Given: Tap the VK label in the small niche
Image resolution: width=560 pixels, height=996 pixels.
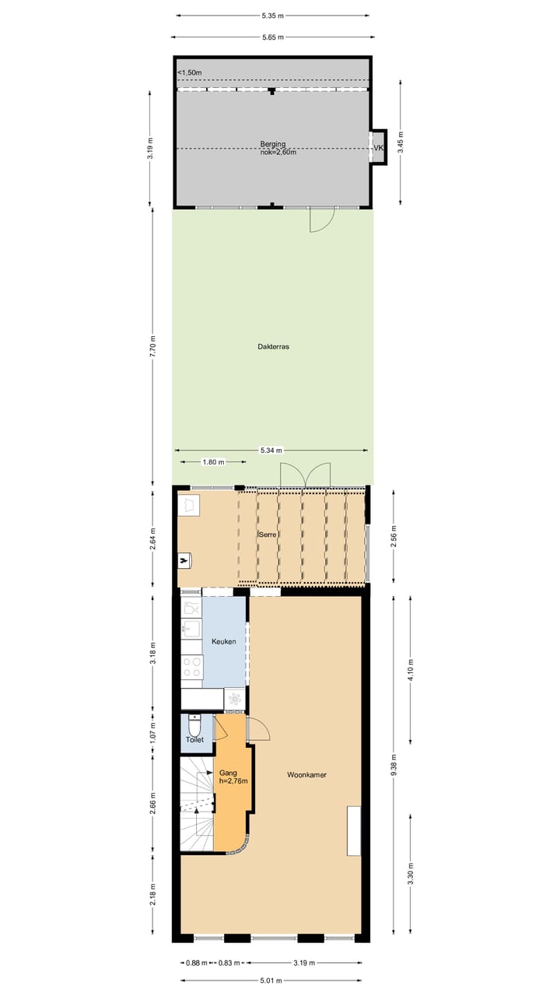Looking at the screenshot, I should click(x=379, y=148).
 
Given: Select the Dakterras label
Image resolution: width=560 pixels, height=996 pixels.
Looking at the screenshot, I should click(x=273, y=347).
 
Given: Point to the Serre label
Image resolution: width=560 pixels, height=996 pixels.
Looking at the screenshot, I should click(x=268, y=535).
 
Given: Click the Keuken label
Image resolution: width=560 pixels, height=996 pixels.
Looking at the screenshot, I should click(x=223, y=641).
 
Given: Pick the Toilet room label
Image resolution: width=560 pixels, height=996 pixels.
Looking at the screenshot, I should click(x=194, y=740).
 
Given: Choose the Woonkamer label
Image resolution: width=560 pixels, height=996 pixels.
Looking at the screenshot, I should click(x=305, y=775).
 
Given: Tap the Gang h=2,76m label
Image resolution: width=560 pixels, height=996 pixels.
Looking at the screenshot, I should click(x=233, y=777).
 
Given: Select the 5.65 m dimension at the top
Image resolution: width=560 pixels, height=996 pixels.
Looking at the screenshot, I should click(x=273, y=37).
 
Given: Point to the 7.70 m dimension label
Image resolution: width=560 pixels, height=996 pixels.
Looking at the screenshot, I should click(x=152, y=345).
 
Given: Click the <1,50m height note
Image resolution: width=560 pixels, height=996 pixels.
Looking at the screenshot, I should click(x=189, y=73).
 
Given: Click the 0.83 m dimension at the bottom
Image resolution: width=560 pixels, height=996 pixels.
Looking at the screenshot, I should click(x=229, y=963).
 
